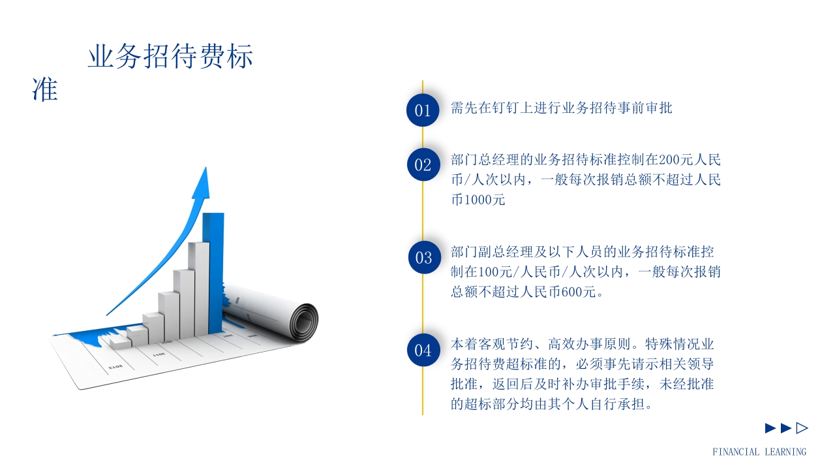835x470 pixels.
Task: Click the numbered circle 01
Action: (423, 110)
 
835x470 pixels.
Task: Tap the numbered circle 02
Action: (423, 164)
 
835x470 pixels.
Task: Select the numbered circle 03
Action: (423, 257)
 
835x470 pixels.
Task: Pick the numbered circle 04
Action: (423, 350)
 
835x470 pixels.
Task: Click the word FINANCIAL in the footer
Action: (736, 452)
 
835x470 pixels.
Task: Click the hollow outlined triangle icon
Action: (802, 428)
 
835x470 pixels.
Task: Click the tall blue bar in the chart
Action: (213, 268)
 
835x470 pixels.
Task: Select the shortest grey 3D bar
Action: (121, 342)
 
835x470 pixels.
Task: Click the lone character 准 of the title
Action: (45, 89)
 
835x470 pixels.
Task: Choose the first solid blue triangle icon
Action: (770, 428)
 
